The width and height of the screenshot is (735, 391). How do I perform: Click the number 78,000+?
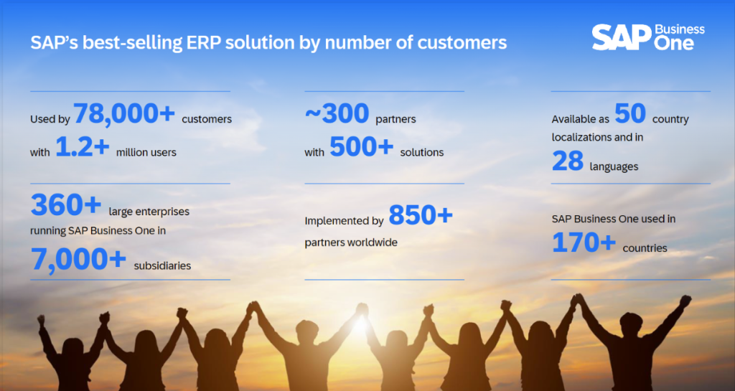tap(124, 113)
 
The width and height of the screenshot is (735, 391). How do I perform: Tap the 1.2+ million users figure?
tap(83, 147)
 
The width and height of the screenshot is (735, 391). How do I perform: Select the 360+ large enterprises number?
tap(66, 206)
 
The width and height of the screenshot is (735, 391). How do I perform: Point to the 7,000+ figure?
tap(79, 260)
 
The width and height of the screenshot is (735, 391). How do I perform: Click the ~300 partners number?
tap(337, 113)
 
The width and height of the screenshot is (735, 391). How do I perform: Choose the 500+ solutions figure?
tap(362, 147)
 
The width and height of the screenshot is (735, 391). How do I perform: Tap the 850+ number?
tap(421, 215)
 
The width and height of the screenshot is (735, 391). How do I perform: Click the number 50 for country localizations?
tap(630, 113)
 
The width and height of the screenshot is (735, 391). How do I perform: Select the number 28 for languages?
tap(568, 162)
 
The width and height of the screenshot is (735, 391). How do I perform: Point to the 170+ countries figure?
tap(584, 243)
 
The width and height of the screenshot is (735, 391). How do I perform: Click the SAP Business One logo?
tap(647, 37)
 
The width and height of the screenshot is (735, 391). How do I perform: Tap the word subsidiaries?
tap(162, 265)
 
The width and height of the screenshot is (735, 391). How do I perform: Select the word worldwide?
tap(373, 242)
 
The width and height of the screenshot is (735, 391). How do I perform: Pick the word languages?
tap(614, 167)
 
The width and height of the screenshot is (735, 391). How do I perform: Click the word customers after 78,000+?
tap(207, 119)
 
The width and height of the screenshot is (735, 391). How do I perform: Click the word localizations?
tap(584, 136)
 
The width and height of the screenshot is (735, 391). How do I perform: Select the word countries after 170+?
tap(645, 248)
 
